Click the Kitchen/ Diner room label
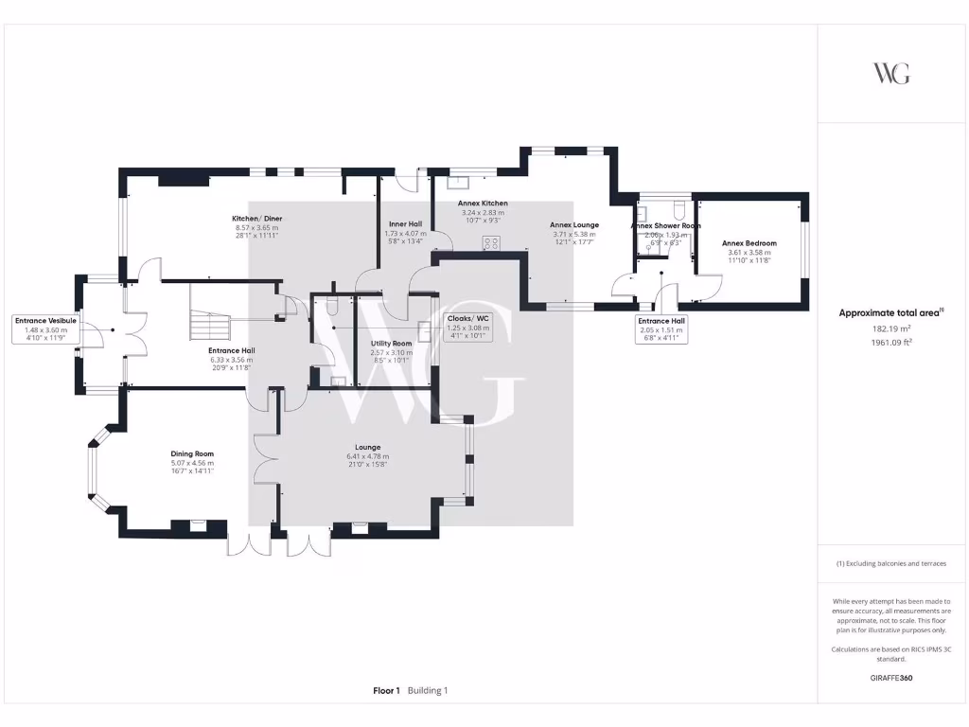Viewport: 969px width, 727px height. (x=259, y=219)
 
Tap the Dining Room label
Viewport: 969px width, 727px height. (x=192, y=453)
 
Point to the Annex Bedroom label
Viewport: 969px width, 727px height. (x=749, y=243)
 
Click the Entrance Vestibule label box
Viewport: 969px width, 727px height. (x=45, y=329)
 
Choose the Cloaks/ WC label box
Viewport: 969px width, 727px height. (x=467, y=327)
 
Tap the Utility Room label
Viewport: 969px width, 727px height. (x=391, y=343)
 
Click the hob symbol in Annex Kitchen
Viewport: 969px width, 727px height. (x=491, y=243)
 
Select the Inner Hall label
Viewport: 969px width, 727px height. (x=405, y=224)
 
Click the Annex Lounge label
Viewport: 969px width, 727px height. (x=574, y=224)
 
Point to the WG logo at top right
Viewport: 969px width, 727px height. (x=891, y=73)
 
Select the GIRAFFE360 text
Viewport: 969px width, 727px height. (x=891, y=678)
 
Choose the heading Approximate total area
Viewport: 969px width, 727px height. (x=891, y=312)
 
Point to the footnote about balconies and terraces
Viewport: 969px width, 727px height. (x=891, y=563)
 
